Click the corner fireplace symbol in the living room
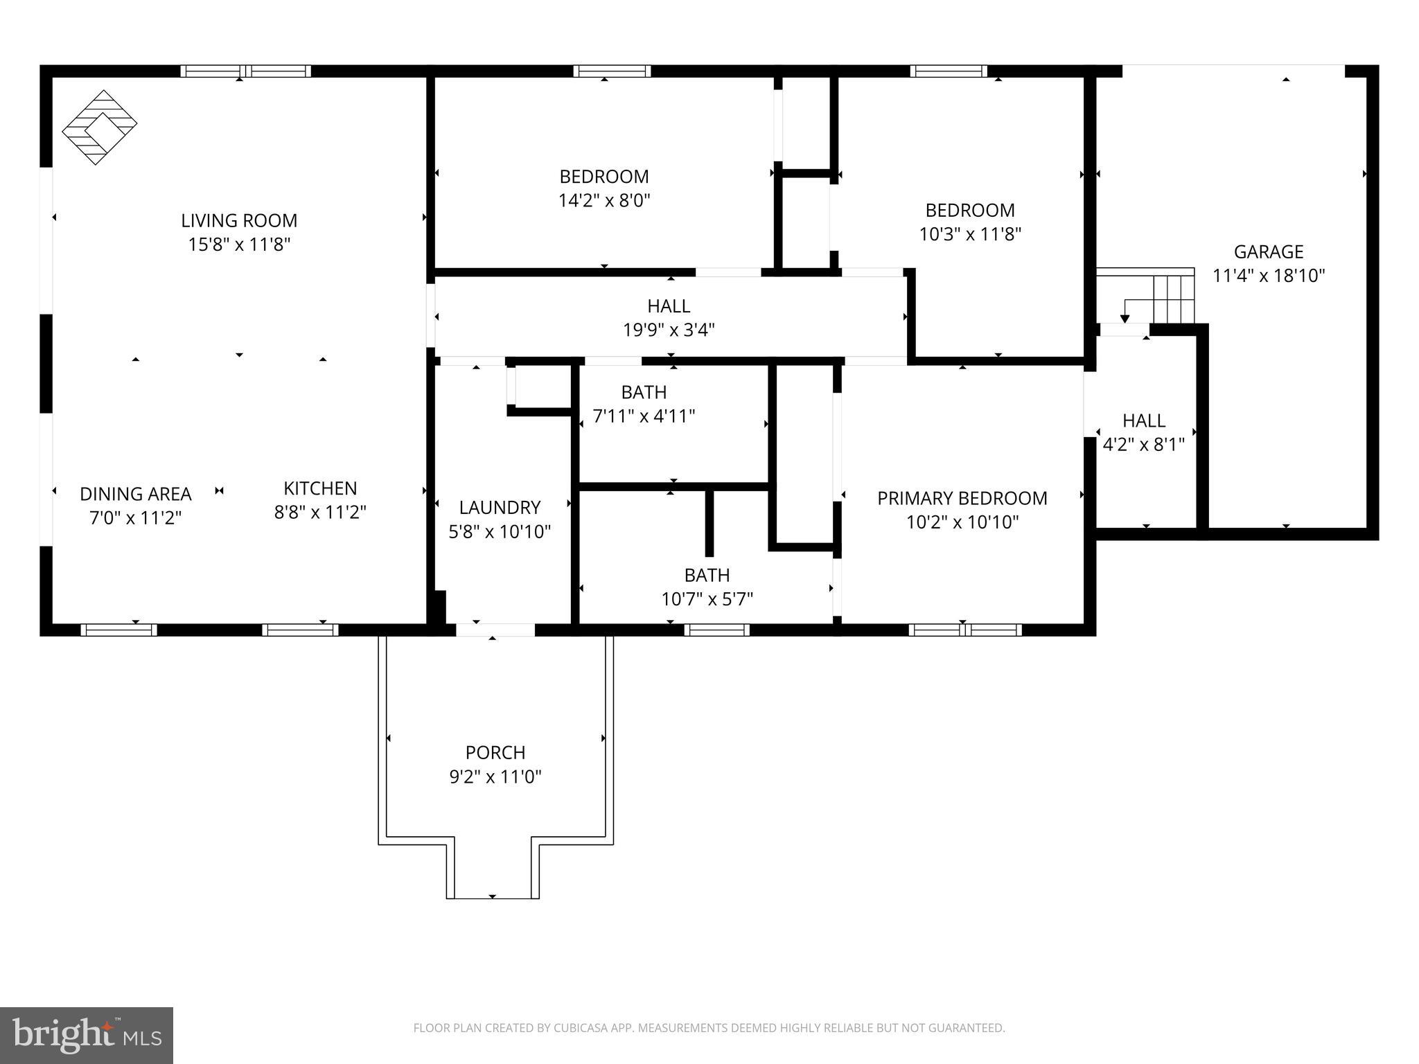[x=100, y=127]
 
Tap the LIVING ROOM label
[x=239, y=220]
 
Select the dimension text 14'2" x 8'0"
[x=604, y=201]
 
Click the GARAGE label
[x=1268, y=251]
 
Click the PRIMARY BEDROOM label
[x=962, y=498]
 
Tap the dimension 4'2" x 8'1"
[x=1143, y=445]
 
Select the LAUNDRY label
[x=500, y=508]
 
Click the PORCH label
[x=495, y=752]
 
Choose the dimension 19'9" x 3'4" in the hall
[x=669, y=330]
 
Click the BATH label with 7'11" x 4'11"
[x=644, y=392]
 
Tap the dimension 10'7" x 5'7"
[x=707, y=599]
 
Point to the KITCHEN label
[x=320, y=488]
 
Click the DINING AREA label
[x=135, y=494]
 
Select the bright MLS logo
[x=87, y=1036]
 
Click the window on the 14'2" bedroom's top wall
[x=612, y=71]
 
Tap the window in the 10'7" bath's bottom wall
[x=716, y=630]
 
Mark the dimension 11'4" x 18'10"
[x=1268, y=276]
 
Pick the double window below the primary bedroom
[x=964, y=630]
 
